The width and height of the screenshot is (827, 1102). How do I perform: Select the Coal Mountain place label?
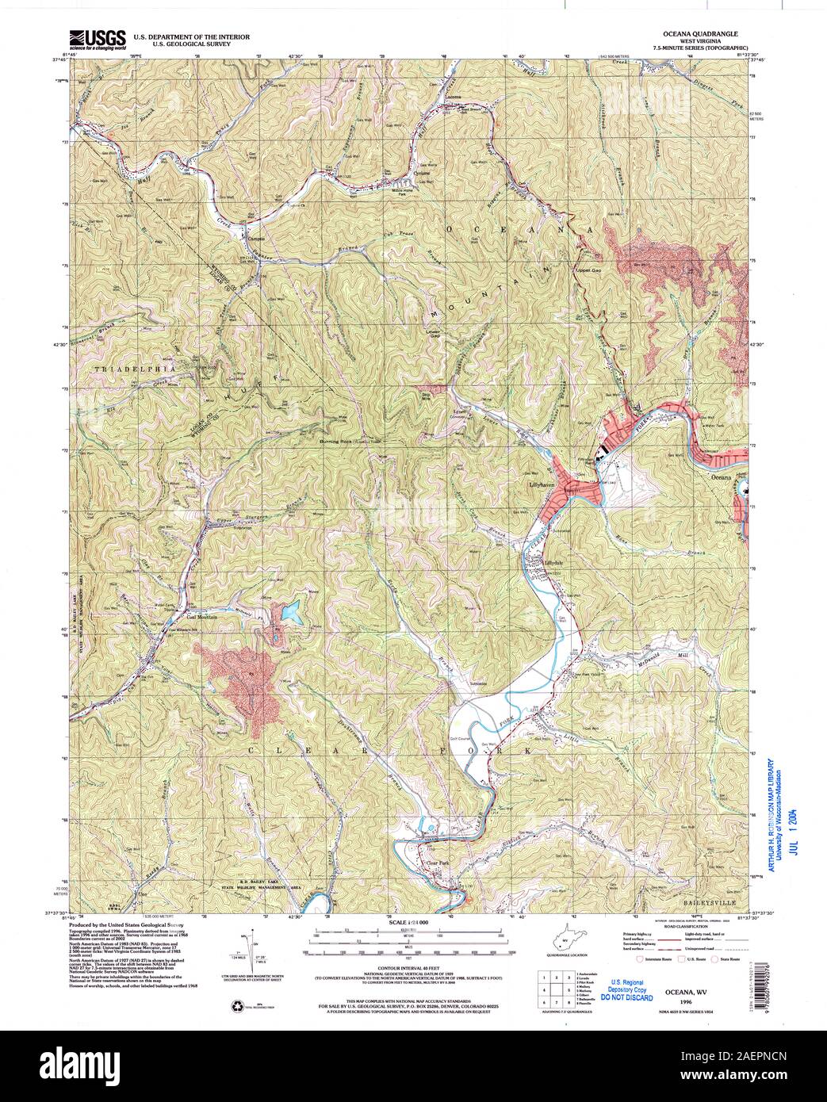179,616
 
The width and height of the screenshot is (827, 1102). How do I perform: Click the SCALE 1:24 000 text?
408,923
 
